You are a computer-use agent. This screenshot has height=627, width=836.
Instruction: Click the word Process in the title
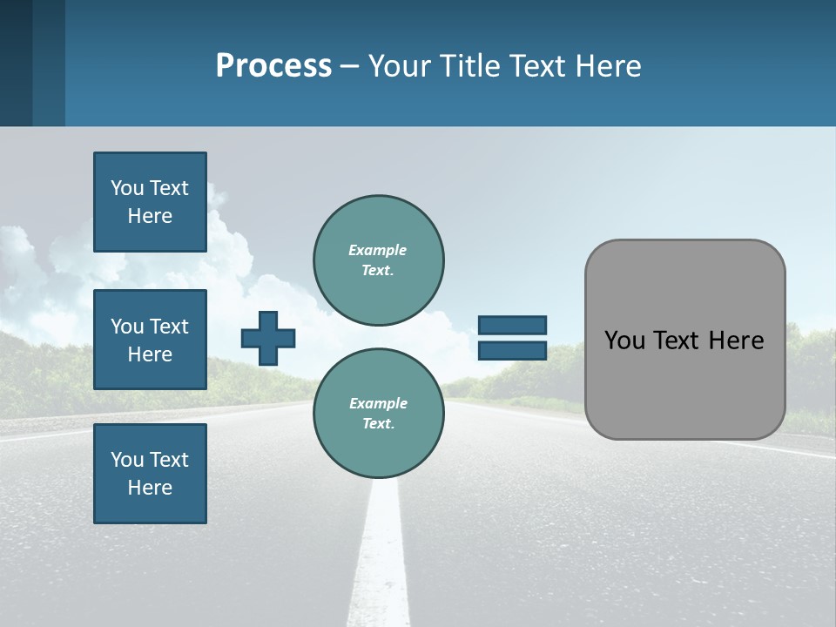[x=273, y=66]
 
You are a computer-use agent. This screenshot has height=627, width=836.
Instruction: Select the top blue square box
[x=150, y=202]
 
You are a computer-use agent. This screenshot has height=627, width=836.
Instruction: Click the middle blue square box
[x=150, y=340]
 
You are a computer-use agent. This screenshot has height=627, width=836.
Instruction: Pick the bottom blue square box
[x=150, y=474]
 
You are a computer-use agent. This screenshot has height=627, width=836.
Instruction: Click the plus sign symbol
[x=268, y=338]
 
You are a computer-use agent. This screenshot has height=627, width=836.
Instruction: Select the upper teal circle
[x=378, y=260]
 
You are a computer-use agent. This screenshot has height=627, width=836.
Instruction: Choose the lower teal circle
[x=378, y=414]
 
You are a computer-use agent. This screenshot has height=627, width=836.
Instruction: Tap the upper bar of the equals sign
[x=512, y=325]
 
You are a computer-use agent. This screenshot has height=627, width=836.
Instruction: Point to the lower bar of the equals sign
[x=512, y=350]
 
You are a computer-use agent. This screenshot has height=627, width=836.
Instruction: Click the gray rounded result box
[x=684, y=383]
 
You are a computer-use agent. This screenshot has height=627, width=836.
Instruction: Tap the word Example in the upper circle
[x=377, y=250]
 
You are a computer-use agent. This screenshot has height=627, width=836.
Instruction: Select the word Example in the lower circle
[x=378, y=403]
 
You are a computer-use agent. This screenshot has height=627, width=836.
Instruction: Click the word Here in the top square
[x=150, y=216]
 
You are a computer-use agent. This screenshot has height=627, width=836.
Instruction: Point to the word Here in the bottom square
[x=150, y=488]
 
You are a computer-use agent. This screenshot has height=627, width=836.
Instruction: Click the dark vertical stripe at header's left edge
[x=17, y=63]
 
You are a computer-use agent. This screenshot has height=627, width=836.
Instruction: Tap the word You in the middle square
[x=127, y=327]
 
